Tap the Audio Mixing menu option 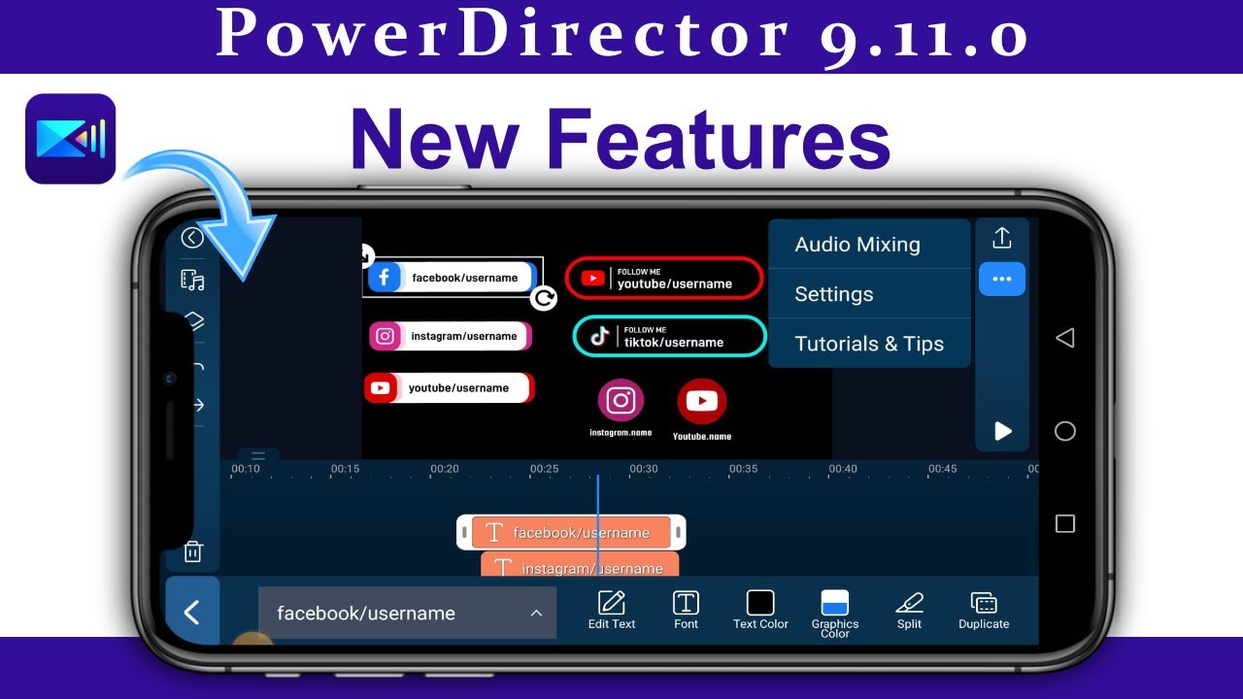click(857, 245)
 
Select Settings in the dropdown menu click(834, 294)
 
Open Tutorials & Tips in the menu click(869, 344)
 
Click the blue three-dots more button click(1002, 280)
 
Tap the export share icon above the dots click(1002, 238)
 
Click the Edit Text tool click(612, 610)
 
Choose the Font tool click(686, 610)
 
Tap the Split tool click(909, 610)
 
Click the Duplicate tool click(984, 610)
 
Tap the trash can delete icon click(193, 551)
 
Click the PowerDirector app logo click(70, 139)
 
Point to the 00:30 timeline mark click(644, 469)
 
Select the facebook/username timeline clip click(571, 532)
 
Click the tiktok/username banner click(669, 337)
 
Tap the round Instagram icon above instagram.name click(621, 400)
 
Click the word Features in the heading click(718, 140)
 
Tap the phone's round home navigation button click(1065, 431)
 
